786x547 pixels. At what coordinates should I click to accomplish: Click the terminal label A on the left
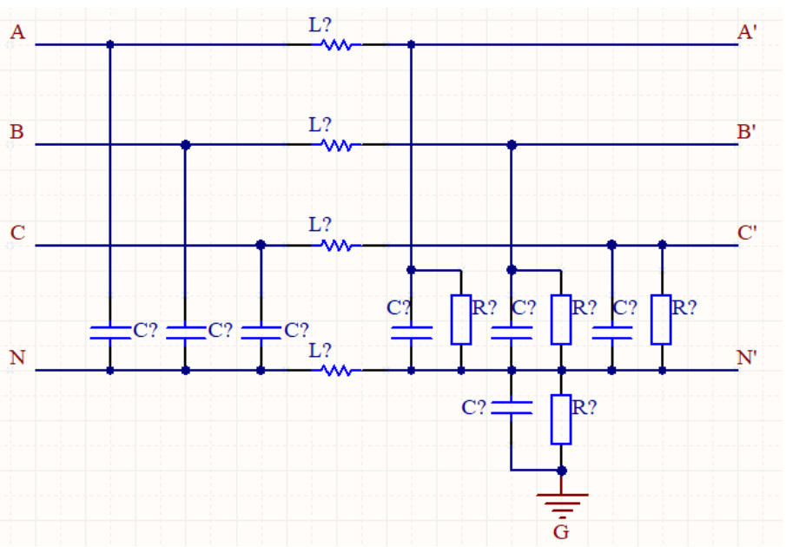17,32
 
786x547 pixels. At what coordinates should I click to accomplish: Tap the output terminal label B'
746,132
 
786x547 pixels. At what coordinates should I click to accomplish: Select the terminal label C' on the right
747,233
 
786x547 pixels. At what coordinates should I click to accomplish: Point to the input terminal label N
17,357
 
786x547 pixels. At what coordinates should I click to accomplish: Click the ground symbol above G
562,501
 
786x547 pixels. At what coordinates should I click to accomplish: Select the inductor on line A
337,44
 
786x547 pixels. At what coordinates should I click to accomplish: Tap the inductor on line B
337,145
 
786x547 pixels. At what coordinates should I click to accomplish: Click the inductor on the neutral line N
337,371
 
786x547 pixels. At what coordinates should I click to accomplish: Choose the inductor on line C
337,246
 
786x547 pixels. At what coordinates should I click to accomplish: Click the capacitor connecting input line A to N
110,331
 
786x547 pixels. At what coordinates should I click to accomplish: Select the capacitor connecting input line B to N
185,331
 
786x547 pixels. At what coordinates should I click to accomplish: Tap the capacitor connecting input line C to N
261,331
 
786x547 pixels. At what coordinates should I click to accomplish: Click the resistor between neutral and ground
562,418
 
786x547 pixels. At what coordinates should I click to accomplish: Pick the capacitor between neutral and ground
512,408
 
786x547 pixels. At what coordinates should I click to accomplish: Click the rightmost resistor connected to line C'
662,319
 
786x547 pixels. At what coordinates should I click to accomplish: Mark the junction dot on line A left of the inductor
110,44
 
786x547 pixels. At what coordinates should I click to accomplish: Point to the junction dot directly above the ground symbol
562,471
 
